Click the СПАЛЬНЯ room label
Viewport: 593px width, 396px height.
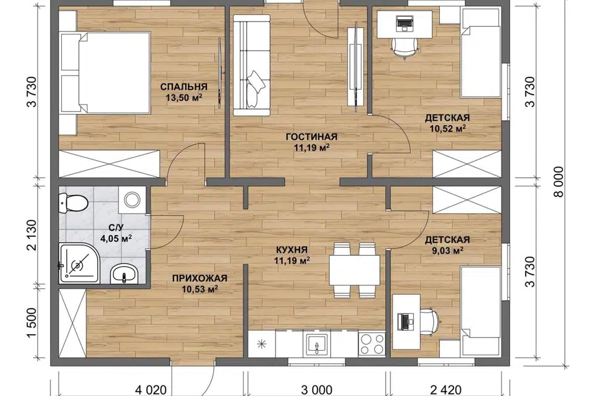pos(184,87)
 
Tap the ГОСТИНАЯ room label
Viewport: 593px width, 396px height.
pos(311,136)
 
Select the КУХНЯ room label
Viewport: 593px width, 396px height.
pos(292,250)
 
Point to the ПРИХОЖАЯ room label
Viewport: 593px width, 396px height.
pos(200,278)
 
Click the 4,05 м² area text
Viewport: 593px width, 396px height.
pos(116,238)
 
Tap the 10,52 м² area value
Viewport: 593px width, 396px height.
pos(447,128)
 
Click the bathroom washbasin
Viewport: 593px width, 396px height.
pos(124,274)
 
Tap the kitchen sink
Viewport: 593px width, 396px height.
pos(316,344)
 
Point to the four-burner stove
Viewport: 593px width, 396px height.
pos(372,344)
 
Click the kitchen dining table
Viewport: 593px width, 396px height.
pos(355,270)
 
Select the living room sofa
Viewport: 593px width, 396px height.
pos(251,65)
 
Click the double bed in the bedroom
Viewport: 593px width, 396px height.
pos(105,72)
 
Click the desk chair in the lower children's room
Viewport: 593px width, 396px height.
pos(430,321)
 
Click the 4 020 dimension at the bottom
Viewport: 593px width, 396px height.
pos(151,390)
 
